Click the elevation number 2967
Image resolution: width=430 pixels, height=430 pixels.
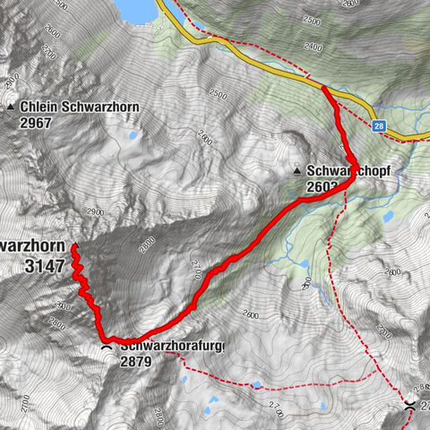tap(39, 122)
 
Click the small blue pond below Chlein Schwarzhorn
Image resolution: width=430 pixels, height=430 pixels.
tap(133, 137)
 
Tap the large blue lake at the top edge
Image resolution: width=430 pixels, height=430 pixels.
tap(139, 9)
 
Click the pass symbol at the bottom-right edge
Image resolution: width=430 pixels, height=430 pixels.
tap(409, 406)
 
